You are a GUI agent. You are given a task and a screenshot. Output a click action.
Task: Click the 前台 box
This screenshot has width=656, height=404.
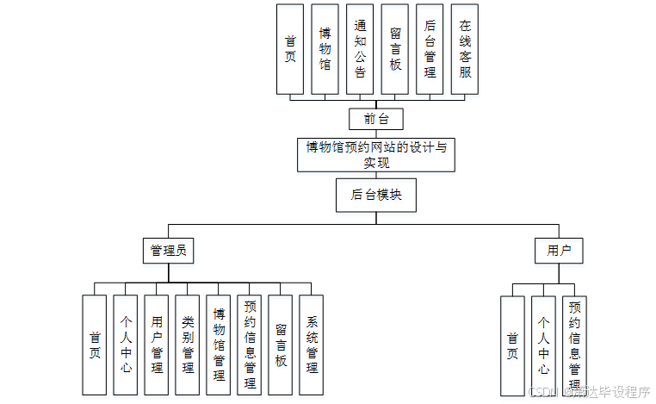[x=376, y=119]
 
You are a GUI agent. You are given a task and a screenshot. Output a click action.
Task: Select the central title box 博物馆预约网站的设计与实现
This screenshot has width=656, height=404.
[x=376, y=154]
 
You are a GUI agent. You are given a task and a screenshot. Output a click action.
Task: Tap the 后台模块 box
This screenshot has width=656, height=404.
[x=376, y=195]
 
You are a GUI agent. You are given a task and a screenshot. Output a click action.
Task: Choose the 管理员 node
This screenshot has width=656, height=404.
[x=168, y=251]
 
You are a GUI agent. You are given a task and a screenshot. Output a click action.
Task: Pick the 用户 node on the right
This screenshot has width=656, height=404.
[x=559, y=251]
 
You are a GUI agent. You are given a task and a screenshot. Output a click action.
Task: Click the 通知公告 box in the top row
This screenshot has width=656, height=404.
[x=360, y=49]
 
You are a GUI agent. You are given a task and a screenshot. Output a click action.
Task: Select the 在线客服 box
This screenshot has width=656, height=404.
[x=465, y=49]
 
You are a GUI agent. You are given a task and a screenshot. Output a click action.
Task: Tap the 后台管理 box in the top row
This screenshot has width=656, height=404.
[x=430, y=49]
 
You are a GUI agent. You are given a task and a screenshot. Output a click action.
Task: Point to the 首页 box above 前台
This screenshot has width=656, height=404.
[x=290, y=49]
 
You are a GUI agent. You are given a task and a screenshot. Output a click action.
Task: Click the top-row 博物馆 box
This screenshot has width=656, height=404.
[x=325, y=49]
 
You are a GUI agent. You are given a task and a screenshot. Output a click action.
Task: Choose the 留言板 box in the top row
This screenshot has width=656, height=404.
[x=395, y=49]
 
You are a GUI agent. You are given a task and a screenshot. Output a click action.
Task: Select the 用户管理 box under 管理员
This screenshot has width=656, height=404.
[x=157, y=345]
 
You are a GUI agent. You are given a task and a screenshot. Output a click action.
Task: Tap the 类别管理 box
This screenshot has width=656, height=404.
[x=188, y=345]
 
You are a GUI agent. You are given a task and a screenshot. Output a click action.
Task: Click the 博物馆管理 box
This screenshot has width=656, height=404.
[x=219, y=345]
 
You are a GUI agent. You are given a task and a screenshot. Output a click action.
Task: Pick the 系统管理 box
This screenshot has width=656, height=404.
[x=312, y=345]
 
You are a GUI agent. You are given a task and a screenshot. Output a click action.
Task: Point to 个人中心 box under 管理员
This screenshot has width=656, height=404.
[x=126, y=345]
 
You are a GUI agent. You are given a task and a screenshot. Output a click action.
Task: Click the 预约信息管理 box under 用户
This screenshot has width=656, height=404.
[x=575, y=345]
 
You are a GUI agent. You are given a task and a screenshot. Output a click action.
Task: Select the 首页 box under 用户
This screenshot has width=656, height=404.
[x=512, y=345]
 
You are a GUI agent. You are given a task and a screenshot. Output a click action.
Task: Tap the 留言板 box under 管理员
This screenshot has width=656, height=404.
[x=281, y=345]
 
